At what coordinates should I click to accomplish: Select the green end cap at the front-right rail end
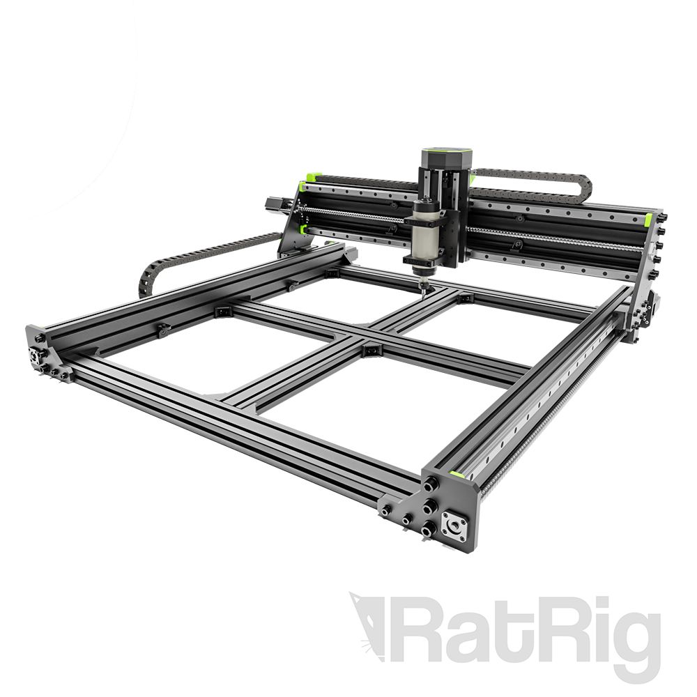click(x=457, y=475)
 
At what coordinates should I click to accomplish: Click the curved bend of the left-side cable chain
click(x=148, y=275)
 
